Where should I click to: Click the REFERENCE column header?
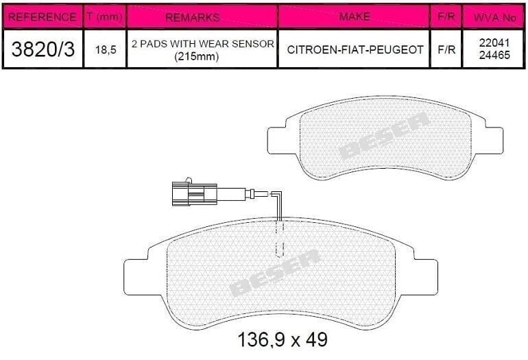point(42,17)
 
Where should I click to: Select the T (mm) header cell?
point(104,16)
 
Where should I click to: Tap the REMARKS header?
point(193,17)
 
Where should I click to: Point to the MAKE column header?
point(355,16)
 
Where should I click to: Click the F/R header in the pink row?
point(446,16)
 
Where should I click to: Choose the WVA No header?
point(494,18)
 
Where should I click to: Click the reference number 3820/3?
point(43,49)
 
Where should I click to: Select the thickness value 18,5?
point(106,50)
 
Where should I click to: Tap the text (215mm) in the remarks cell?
point(196,56)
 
